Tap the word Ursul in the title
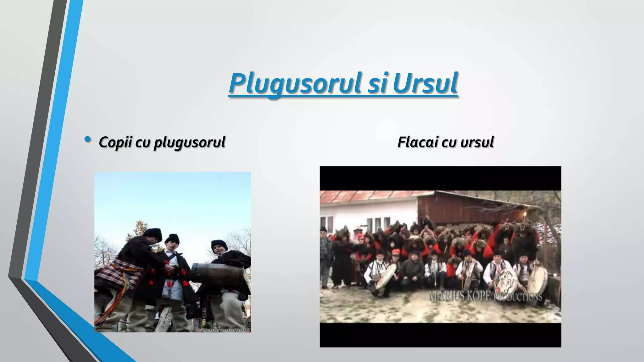click(425, 83)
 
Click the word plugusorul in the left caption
click(189, 142)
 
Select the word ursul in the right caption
click(477, 142)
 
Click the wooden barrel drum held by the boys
click(217, 273)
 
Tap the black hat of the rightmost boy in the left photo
click(219, 244)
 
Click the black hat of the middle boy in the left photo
click(172, 239)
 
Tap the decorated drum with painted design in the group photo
click(506, 280)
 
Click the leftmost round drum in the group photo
click(386, 276)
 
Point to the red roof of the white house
click(365, 196)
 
